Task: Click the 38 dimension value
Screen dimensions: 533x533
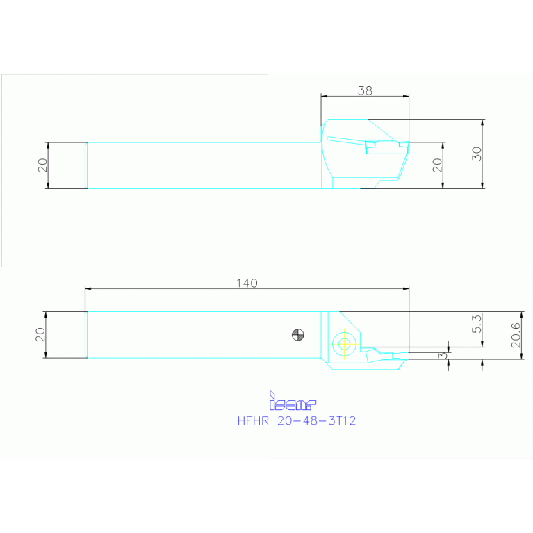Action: click(365, 90)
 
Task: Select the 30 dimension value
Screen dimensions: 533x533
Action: click(476, 154)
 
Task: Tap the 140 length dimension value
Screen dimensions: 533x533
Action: click(247, 283)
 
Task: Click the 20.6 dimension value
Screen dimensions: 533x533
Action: click(515, 335)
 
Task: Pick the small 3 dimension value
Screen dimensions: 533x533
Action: click(442, 355)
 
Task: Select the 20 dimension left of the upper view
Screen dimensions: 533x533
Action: click(42, 165)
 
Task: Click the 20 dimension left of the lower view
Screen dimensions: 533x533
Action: click(41, 334)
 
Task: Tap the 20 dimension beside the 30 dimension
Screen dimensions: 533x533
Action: click(437, 165)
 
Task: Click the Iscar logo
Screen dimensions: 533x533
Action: click(293, 402)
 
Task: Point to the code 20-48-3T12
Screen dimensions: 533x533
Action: click(316, 420)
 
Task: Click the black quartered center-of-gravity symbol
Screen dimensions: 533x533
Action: click(297, 335)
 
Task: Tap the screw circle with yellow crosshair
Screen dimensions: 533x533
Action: click(343, 342)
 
